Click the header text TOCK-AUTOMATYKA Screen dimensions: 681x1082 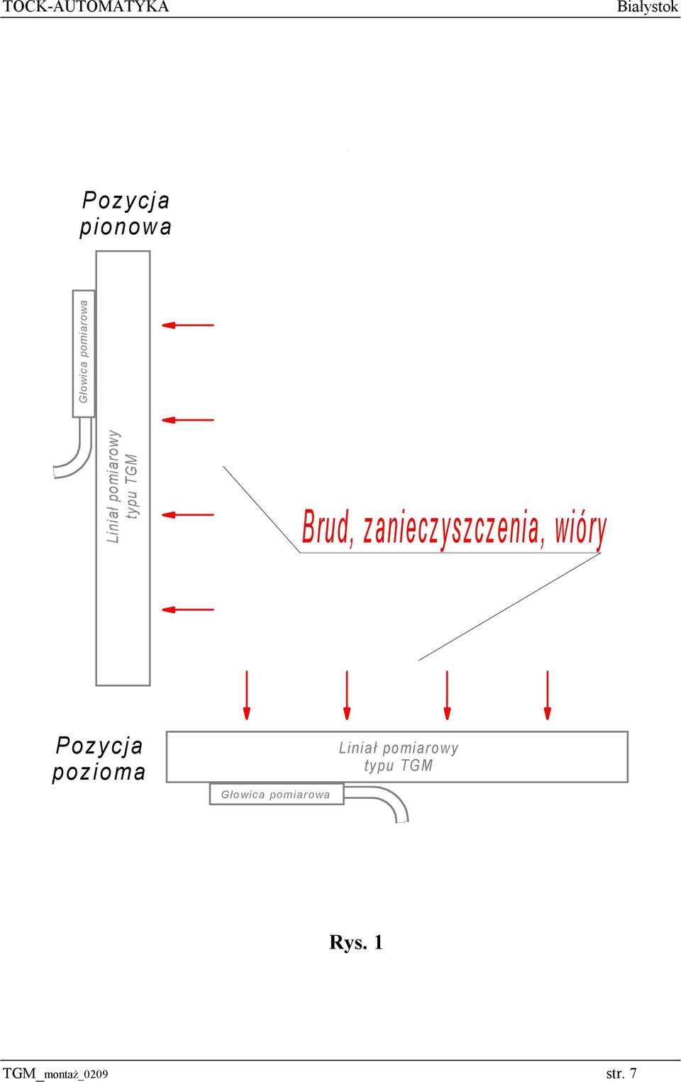click(x=86, y=6)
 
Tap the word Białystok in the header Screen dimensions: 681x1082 click(x=647, y=7)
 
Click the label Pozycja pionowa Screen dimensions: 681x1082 click(x=126, y=214)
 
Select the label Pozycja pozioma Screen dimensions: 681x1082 click(x=99, y=758)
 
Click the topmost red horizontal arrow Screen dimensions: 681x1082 click(x=188, y=325)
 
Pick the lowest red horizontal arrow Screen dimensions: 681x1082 click(x=188, y=609)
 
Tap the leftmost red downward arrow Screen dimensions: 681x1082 click(x=247, y=695)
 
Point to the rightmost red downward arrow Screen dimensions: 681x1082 click(x=547, y=695)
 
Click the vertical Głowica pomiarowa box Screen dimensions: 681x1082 click(x=84, y=353)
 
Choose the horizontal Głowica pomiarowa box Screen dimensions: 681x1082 click(x=277, y=794)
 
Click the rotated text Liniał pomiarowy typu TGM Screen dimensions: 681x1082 click(x=123, y=487)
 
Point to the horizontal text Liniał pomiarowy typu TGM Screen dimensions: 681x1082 click(x=399, y=756)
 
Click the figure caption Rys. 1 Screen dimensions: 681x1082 click(x=356, y=942)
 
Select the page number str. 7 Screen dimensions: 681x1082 click(x=621, y=1073)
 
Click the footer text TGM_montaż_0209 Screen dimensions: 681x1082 click(x=55, y=1073)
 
